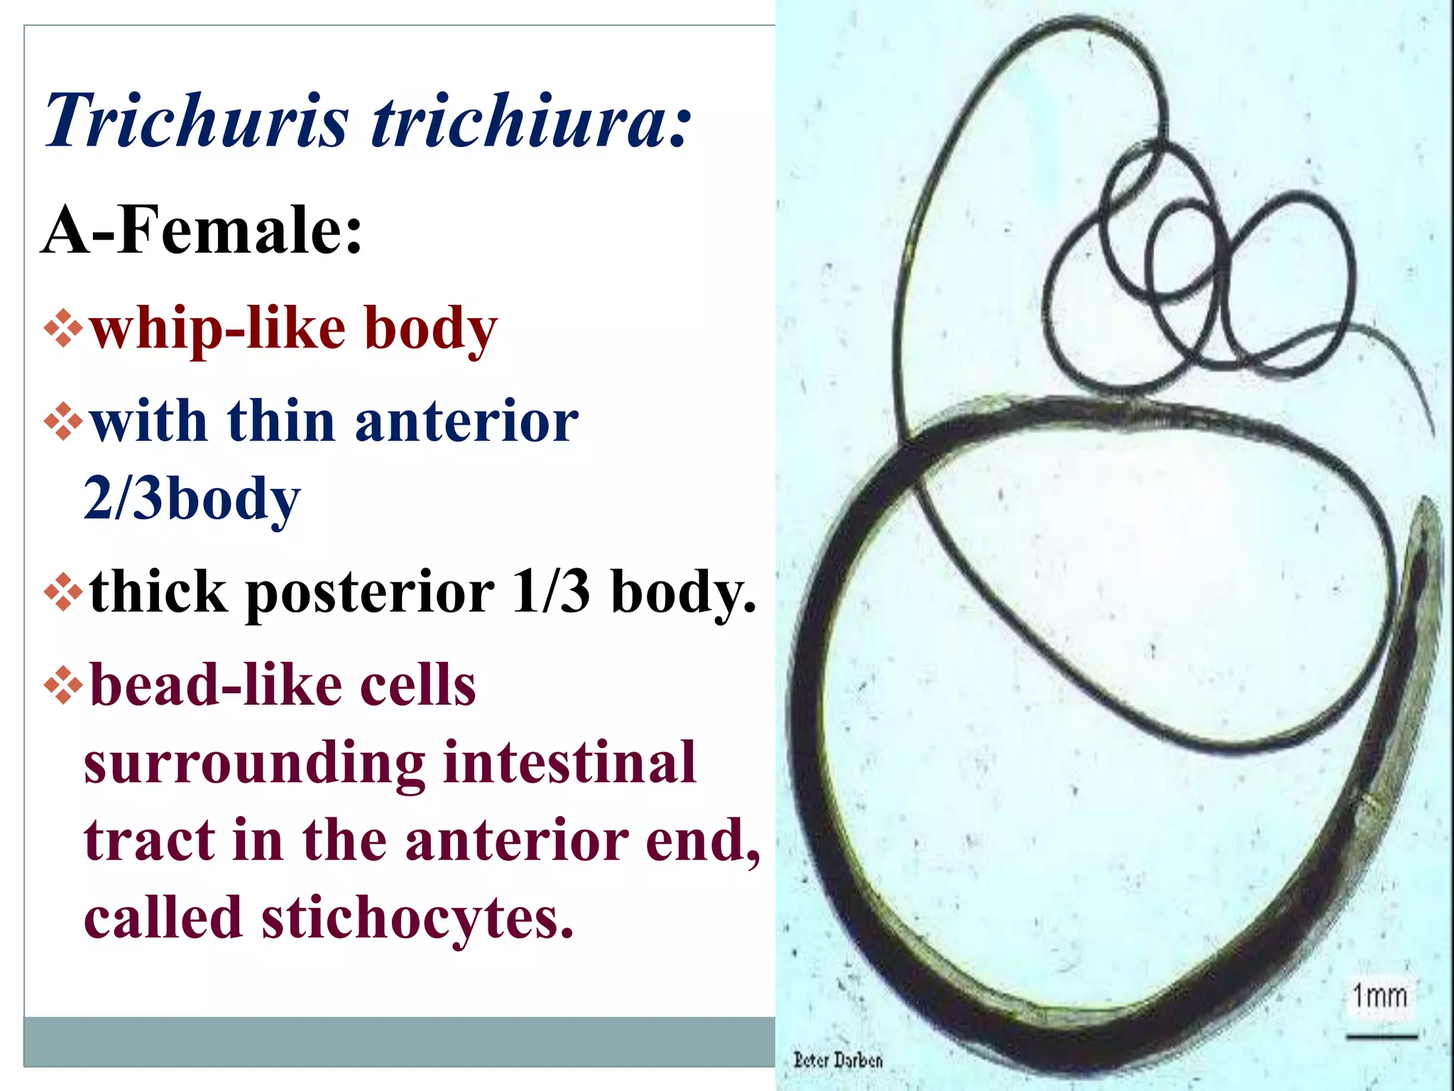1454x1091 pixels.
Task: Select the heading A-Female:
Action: point(202,229)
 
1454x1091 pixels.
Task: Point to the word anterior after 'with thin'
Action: point(466,422)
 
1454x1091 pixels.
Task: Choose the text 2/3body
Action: point(192,499)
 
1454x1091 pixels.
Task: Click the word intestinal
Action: point(569,762)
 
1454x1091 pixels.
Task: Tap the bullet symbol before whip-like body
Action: point(64,327)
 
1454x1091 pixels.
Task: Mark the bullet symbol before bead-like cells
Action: point(64,685)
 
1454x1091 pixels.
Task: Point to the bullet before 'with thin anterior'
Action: point(64,421)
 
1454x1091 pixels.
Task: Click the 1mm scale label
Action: point(1379,995)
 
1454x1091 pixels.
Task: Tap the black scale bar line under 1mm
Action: point(1381,1037)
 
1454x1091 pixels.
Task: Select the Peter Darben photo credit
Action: point(838,1060)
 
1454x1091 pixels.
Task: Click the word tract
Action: point(150,840)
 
